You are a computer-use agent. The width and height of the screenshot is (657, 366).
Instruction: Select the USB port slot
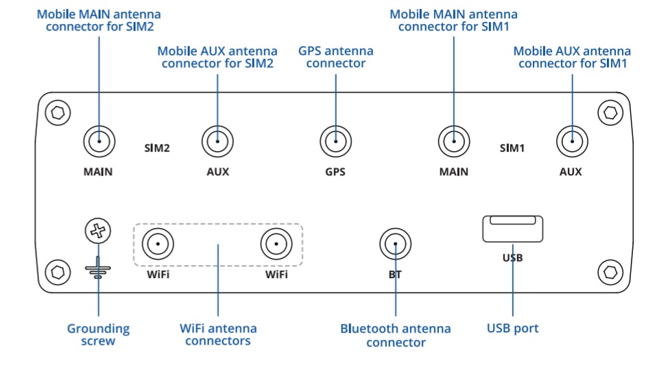pos(512,229)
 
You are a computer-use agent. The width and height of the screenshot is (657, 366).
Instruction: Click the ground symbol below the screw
pos(98,268)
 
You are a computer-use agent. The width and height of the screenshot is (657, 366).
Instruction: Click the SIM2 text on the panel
pos(157,148)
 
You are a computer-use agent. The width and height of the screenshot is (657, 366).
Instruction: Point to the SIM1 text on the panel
pos(512,148)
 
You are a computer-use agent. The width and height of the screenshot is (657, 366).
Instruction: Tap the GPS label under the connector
pos(335,172)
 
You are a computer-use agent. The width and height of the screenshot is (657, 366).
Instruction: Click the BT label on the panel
pos(395,275)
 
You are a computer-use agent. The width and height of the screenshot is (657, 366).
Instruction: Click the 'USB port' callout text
pos(512,328)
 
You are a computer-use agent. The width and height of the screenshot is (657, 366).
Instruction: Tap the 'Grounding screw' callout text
pos(99,334)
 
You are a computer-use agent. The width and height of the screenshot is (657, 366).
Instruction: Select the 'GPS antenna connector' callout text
pos(335,57)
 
